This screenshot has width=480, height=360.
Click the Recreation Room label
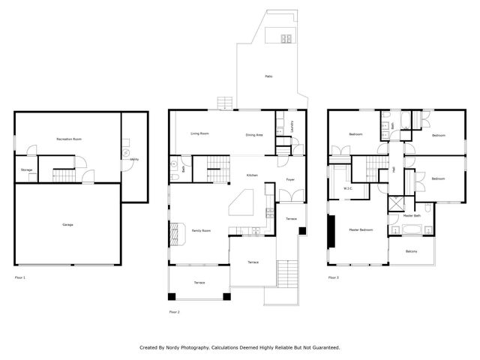pyautogui.click(x=68, y=139)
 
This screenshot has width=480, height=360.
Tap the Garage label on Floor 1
pyautogui.click(x=67, y=225)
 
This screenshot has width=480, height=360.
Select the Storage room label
pyautogui.click(x=26, y=169)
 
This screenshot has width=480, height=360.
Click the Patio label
pyautogui.click(x=268, y=76)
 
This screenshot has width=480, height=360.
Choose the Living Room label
pyautogui.click(x=199, y=133)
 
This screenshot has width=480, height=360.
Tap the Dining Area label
pyautogui.click(x=254, y=135)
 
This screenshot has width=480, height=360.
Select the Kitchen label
pyautogui.click(x=253, y=175)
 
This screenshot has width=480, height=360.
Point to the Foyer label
pyautogui.click(x=290, y=180)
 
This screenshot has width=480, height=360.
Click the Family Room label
pyautogui.click(x=200, y=230)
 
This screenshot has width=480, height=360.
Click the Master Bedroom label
pyautogui.click(x=361, y=229)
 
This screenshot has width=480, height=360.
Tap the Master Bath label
pyautogui.click(x=412, y=216)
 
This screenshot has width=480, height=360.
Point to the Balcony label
pyautogui.click(x=412, y=251)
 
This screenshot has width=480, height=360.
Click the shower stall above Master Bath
pyautogui.click(x=395, y=203)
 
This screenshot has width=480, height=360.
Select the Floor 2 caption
pyautogui.click(x=175, y=311)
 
